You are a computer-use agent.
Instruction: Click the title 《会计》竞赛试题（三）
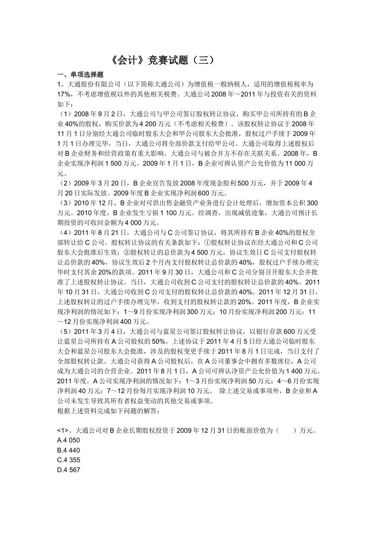[x=163, y=60]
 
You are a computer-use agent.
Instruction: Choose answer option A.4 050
[x=69, y=440]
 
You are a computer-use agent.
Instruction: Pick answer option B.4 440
[x=69, y=450]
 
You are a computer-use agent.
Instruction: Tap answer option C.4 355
[x=69, y=460]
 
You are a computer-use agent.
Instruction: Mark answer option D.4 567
[x=69, y=470]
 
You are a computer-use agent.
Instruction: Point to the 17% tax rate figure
[x=64, y=94]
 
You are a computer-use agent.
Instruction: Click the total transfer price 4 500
[x=200, y=252]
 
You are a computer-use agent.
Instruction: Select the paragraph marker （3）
[x=65, y=203]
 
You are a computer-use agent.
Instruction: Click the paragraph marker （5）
[x=65, y=331]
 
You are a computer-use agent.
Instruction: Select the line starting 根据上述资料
[x=108, y=410]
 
